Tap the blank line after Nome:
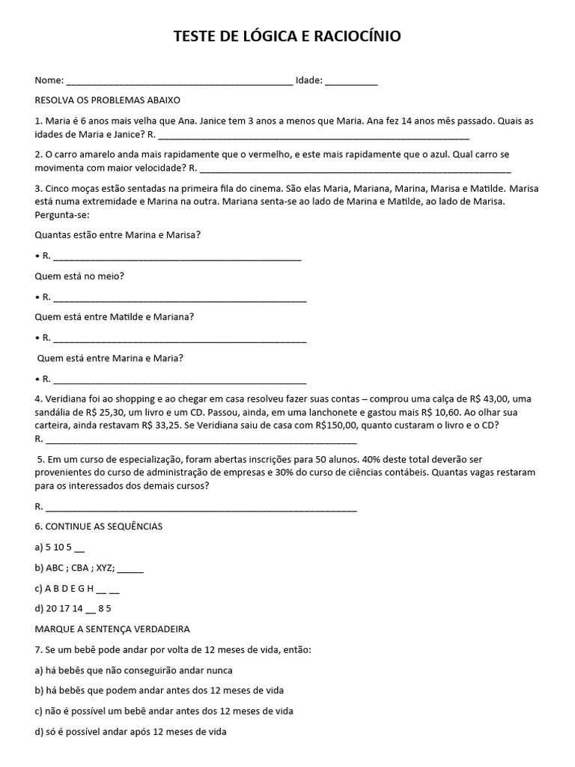tap(180, 81)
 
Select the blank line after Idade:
tap(351, 81)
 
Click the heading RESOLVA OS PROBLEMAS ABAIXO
tap(108, 100)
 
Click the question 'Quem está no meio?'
tap(79, 276)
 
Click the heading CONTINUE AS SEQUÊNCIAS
tap(99, 527)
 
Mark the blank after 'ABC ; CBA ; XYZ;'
tap(130, 568)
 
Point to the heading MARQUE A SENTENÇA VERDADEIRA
tap(112, 628)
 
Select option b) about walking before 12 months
tap(159, 690)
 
